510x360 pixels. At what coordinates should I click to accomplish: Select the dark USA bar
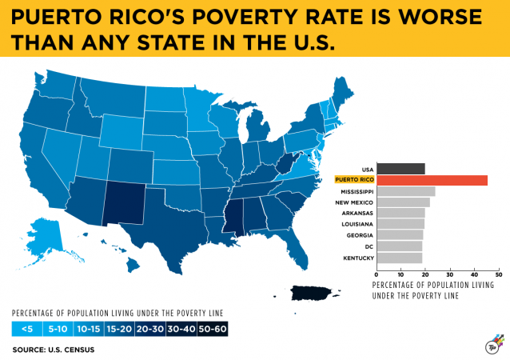click(400, 169)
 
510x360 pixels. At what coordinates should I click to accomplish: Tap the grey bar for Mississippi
click(405, 192)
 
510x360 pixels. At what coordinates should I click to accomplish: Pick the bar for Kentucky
click(399, 258)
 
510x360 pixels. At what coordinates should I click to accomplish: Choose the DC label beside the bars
click(368, 246)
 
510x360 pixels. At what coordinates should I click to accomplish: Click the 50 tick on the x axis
click(499, 274)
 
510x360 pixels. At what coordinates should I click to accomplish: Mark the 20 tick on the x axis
click(425, 274)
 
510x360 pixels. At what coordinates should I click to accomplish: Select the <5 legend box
click(27, 328)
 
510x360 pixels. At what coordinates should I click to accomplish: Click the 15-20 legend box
click(119, 328)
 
